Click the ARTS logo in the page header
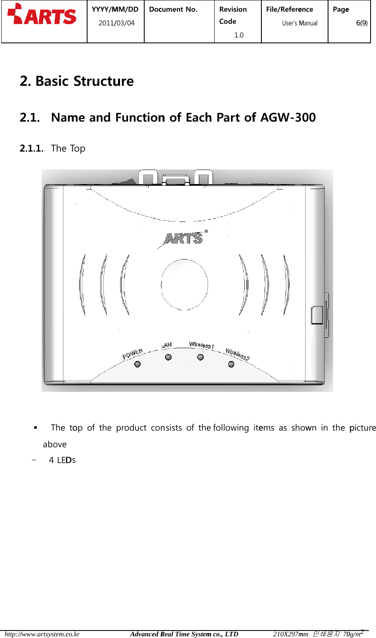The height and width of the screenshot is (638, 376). [x=42, y=15]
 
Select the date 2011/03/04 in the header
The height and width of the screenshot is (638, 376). [x=116, y=23]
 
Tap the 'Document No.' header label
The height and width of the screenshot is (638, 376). [x=173, y=9]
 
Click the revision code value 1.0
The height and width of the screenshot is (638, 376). [x=239, y=35]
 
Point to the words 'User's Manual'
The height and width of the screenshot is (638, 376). [x=300, y=23]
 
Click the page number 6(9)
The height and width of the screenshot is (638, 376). [x=361, y=23]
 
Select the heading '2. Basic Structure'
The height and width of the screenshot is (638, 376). [x=77, y=81]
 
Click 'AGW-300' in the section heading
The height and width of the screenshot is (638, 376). [x=288, y=117]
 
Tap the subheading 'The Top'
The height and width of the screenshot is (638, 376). [x=68, y=148]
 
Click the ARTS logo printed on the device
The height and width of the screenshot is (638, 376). [x=184, y=238]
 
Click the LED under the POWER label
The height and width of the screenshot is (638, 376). [x=137, y=364]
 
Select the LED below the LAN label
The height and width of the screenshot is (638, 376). [x=168, y=357]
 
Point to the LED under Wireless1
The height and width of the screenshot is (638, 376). [x=201, y=357]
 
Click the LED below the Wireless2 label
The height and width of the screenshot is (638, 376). [x=231, y=364]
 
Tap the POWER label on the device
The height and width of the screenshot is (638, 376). [x=133, y=354]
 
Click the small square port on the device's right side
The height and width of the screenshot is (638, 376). [x=317, y=315]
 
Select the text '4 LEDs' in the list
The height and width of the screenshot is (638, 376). [x=62, y=460]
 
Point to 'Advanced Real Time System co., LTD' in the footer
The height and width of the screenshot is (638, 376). [x=184, y=634]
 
